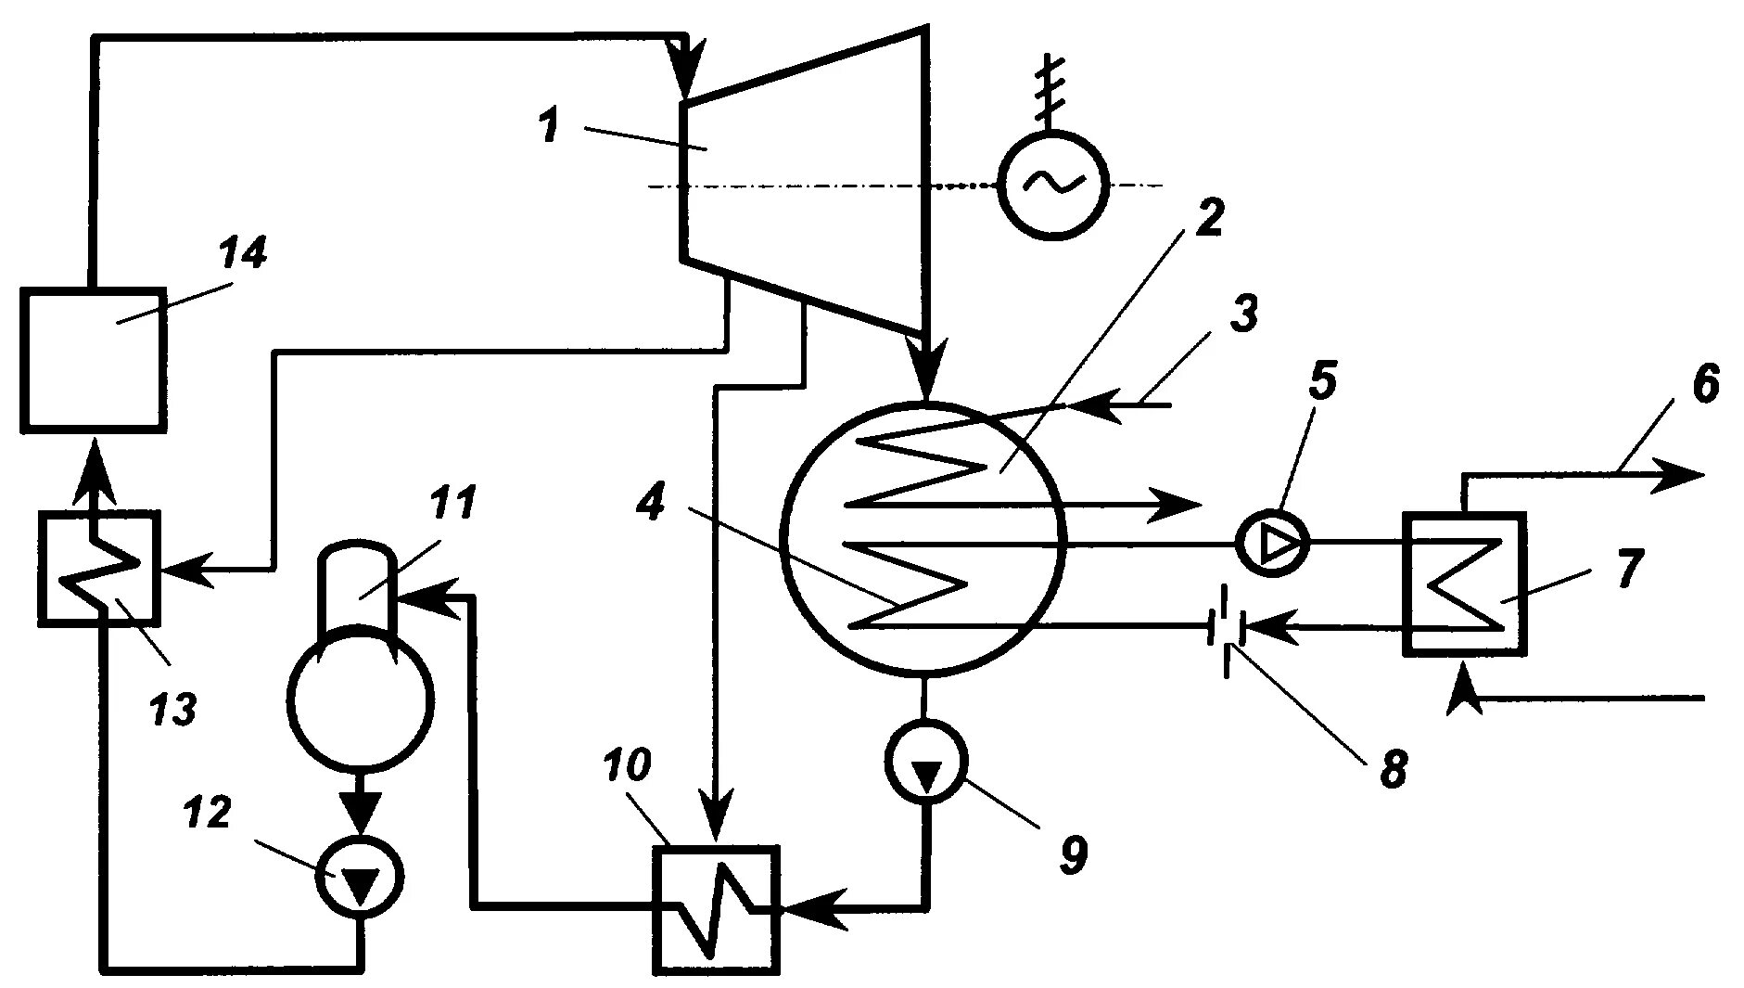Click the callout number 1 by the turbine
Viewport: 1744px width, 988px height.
click(551, 123)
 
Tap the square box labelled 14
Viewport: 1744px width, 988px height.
click(94, 359)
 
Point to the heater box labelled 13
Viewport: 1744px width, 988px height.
click(98, 567)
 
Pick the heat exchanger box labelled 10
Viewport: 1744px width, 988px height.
click(716, 908)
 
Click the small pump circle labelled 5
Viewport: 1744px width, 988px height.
click(1273, 544)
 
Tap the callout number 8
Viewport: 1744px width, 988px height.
click(1393, 768)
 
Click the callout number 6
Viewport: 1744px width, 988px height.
click(1704, 383)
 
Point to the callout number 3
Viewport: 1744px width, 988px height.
click(1243, 313)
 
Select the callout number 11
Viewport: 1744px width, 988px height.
click(452, 502)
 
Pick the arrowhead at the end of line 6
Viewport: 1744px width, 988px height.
click(1686, 474)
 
